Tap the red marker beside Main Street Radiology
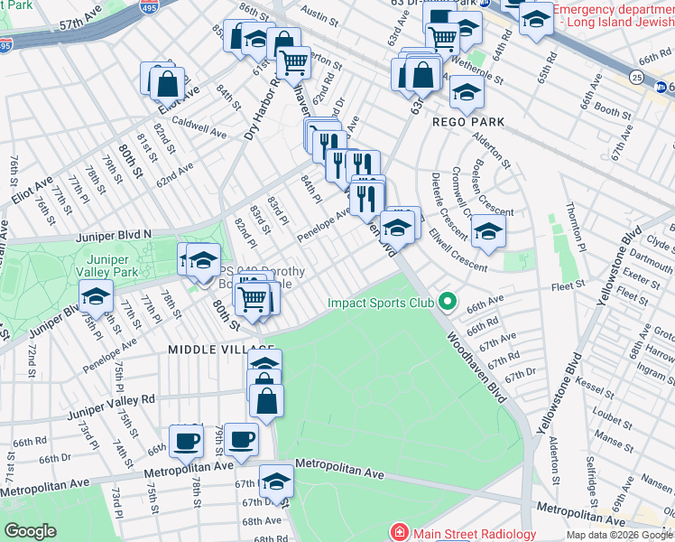[x=398, y=533]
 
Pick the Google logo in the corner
[x=30, y=531]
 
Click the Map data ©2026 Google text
[x=618, y=535]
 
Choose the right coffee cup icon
[x=241, y=439]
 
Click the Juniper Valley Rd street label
[x=111, y=397]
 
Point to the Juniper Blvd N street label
[x=116, y=234]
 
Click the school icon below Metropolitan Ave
[x=276, y=480]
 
